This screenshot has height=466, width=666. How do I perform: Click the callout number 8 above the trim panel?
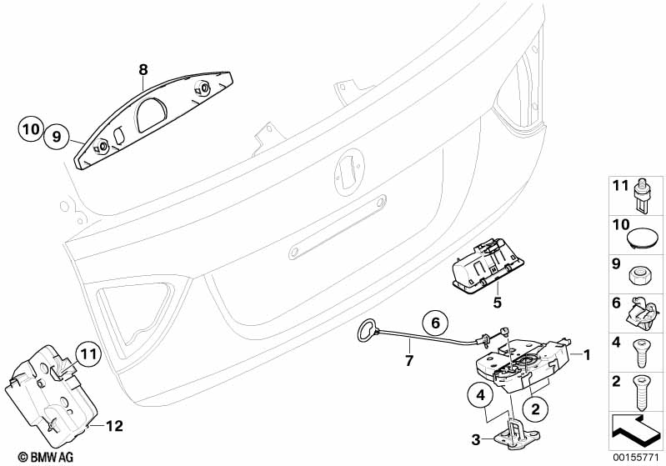(x=143, y=70)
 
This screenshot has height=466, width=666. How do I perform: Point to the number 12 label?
(x=114, y=426)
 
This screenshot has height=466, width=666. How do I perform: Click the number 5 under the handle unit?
(x=496, y=303)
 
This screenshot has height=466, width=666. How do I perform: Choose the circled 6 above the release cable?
(x=433, y=320)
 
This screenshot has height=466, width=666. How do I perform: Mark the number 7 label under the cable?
(x=409, y=360)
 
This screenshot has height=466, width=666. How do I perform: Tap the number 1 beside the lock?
(x=587, y=356)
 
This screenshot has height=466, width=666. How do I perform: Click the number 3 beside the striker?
(x=474, y=438)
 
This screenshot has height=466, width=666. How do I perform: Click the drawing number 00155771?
(x=636, y=456)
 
